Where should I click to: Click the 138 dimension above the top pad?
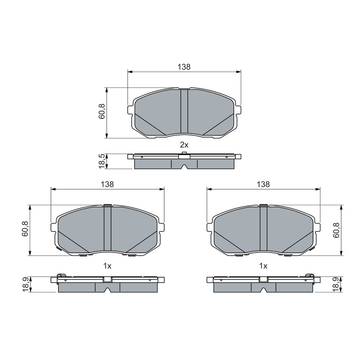(184, 67)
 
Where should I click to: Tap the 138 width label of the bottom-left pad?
(107, 184)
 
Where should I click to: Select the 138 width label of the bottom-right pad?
(263, 184)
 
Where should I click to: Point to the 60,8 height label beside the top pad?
(102, 111)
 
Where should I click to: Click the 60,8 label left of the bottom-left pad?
(25, 229)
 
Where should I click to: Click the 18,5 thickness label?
(102, 162)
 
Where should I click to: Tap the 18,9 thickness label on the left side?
(25, 284)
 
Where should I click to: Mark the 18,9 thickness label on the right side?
(336, 284)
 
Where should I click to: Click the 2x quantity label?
(184, 145)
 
